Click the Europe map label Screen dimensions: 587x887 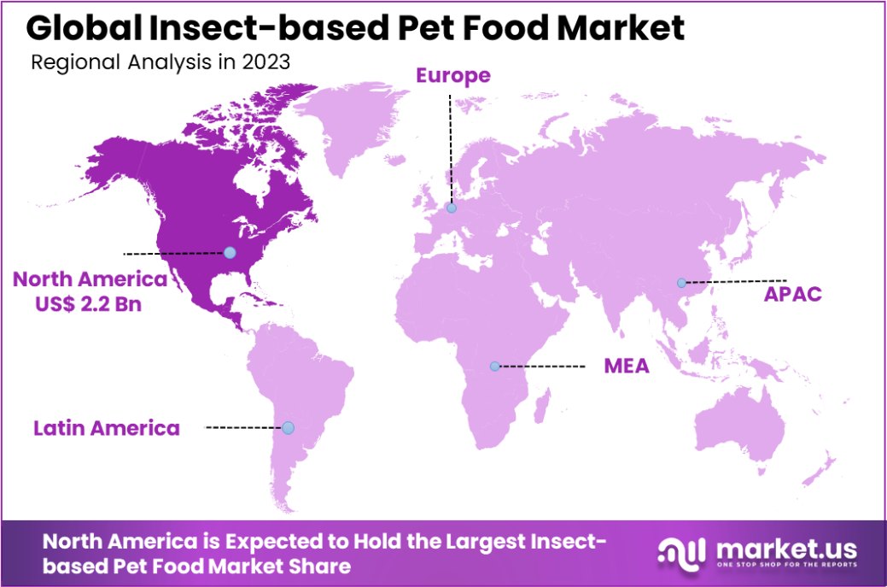(452, 75)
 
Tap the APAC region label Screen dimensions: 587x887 (793, 294)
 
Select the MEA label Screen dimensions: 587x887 (627, 367)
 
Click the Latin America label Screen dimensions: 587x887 (107, 427)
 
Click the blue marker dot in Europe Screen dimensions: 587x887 (451, 208)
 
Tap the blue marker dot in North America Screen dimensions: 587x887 (230, 252)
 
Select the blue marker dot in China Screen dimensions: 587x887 (681, 283)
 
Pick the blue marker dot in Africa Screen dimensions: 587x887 (494, 367)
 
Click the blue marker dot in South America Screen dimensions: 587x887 (288, 427)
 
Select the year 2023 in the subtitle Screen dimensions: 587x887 (266, 62)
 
